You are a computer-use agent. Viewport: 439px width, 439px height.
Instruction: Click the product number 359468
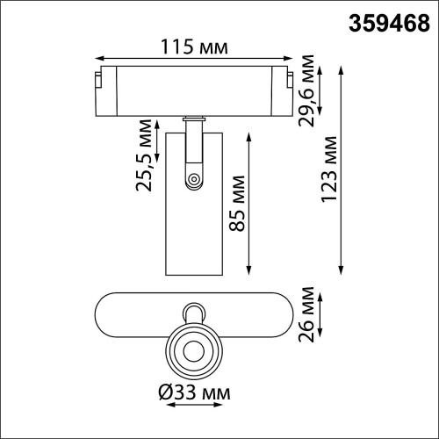[x=385, y=18]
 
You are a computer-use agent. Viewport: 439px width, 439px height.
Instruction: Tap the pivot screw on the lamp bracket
[x=192, y=180]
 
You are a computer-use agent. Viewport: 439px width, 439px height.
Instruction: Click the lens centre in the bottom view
[x=192, y=350]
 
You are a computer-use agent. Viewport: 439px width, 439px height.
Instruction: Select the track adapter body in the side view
[x=195, y=90]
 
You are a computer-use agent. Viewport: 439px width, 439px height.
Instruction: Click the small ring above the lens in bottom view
[x=192, y=312]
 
